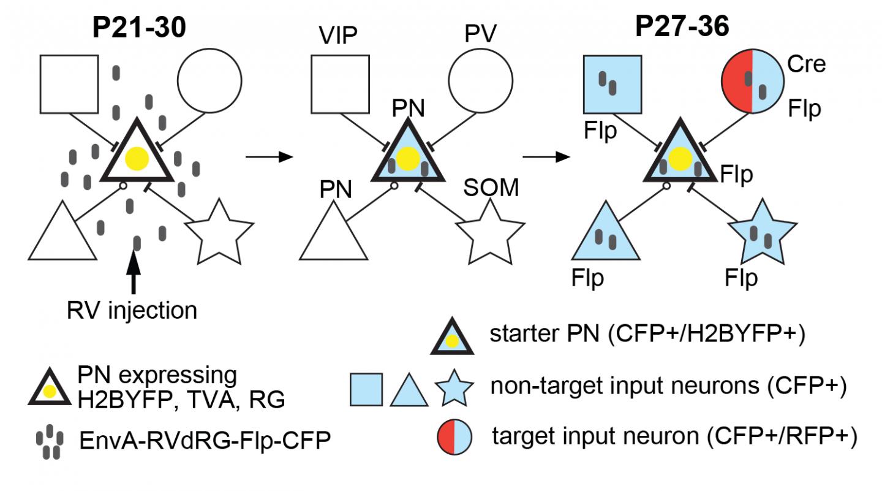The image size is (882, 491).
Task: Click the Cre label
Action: coord(807,64)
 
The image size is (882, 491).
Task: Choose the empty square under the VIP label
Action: coord(339,85)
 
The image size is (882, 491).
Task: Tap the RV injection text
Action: coord(132,310)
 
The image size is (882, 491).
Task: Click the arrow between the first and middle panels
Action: coord(269,158)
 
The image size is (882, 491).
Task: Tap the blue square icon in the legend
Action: coord(367,390)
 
